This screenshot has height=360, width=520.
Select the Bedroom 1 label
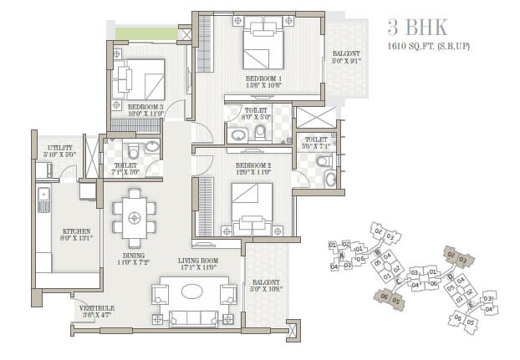262,80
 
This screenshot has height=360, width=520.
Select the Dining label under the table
134,260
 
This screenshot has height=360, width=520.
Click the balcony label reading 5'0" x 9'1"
345,55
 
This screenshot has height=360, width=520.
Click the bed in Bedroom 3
144,81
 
